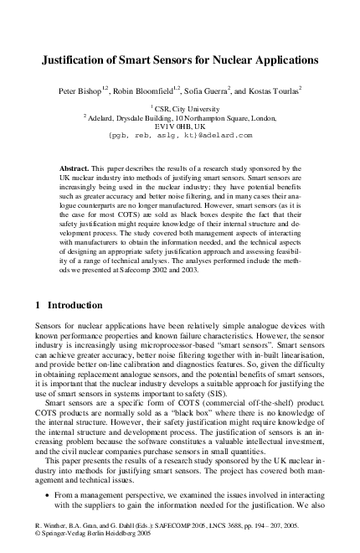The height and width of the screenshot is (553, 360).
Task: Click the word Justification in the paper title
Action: tap(80, 61)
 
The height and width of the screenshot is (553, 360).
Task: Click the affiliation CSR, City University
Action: tap(182, 108)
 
